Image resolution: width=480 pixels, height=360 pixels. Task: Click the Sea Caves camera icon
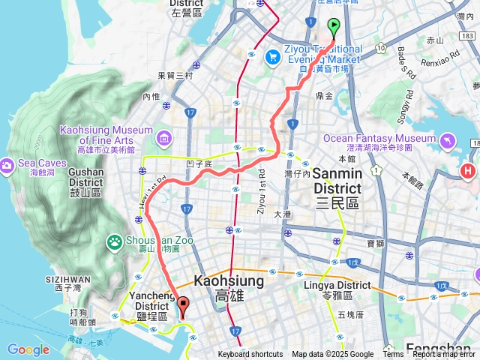tap(7, 164)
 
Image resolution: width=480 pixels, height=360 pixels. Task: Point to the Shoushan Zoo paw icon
tap(114, 241)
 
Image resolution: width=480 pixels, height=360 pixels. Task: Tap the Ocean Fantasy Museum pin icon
tap(448, 139)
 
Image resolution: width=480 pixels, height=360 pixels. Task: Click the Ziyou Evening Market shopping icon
tap(274, 55)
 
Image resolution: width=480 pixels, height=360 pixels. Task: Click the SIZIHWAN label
tap(73, 279)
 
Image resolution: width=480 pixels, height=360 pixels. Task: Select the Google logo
tap(28, 349)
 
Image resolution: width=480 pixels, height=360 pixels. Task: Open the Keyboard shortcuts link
tap(250, 355)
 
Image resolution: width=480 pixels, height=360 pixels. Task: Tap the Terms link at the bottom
tap(393, 355)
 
